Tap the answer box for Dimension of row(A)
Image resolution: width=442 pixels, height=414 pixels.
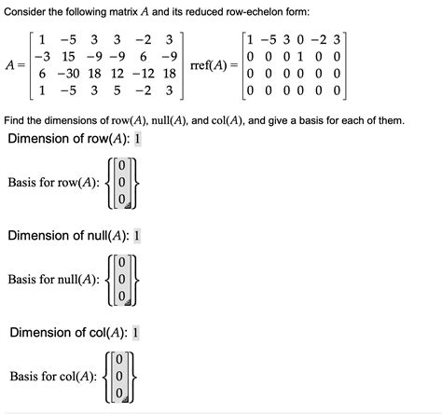[x=138, y=139]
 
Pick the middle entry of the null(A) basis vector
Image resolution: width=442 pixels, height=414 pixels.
[x=121, y=279]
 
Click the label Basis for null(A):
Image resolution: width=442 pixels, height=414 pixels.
[x=53, y=279]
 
